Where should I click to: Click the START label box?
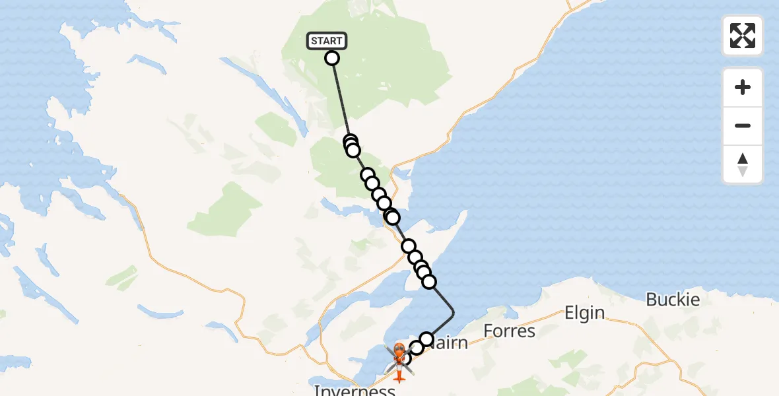click(x=326, y=41)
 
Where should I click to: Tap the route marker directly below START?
click(x=332, y=58)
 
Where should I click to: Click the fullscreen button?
click(x=743, y=36)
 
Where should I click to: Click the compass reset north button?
click(x=743, y=164)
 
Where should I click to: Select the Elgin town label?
click(x=585, y=312)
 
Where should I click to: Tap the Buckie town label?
click(x=673, y=300)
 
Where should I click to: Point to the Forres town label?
click(x=510, y=330)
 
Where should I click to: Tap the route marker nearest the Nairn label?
click(x=426, y=339)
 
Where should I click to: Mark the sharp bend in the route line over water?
click(x=454, y=311)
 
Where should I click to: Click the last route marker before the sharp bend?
click(x=429, y=282)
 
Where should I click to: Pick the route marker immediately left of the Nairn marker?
click(x=417, y=348)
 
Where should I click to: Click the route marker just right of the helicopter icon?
click(x=405, y=358)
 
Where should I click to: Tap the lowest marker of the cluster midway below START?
click(x=353, y=150)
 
